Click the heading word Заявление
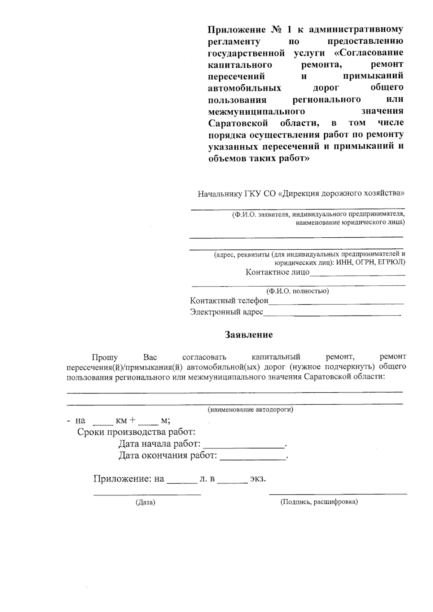pyautogui.click(x=249, y=335)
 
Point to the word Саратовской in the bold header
pyautogui.click(x=238, y=123)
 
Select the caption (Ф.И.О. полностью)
pyautogui.click(x=297, y=291)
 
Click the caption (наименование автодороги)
pyautogui.click(x=250, y=410)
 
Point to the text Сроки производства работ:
pyautogui.click(x=136, y=432)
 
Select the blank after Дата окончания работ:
pyautogui.click(x=253, y=458)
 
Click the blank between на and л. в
pyautogui.click(x=182, y=482)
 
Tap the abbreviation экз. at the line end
pyautogui.click(x=258, y=479)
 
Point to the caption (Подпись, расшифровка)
pyautogui.click(x=319, y=502)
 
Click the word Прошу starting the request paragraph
pyautogui.click(x=105, y=357)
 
